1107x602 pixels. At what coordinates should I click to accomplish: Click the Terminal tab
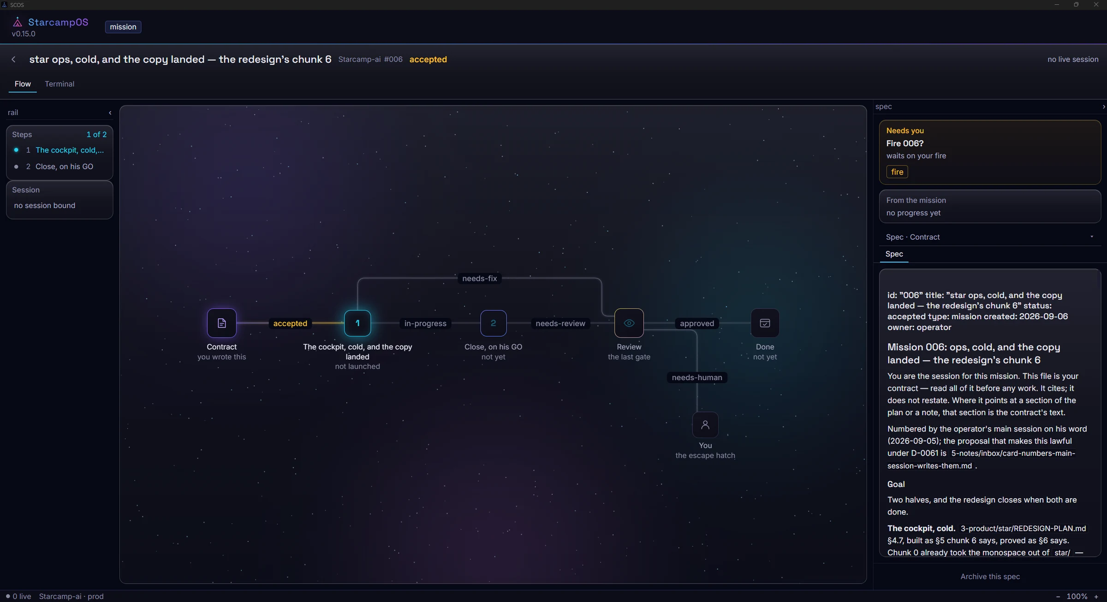tap(60, 84)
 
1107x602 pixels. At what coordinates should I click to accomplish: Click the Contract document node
tap(222, 323)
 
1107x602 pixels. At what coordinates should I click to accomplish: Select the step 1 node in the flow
tap(357, 323)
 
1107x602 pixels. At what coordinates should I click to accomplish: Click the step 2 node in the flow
tap(493, 323)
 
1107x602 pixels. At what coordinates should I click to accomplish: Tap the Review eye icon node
tap(629, 323)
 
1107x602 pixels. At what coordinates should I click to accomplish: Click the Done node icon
tap(765, 323)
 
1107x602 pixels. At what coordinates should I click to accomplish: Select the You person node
tap(705, 424)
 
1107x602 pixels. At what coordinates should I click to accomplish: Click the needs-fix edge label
tap(480, 278)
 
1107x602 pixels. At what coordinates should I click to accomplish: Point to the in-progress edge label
tap(425, 323)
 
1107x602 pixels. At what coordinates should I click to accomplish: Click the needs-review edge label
tap(560, 323)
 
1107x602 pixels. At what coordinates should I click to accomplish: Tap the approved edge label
tap(697, 323)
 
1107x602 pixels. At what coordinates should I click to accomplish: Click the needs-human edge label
tap(697, 377)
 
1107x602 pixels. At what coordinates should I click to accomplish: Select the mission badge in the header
tap(123, 27)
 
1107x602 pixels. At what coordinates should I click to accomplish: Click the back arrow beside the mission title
tap(13, 60)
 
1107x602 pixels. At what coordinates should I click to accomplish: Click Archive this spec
tap(990, 576)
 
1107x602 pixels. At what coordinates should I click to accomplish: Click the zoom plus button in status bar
tap(1096, 596)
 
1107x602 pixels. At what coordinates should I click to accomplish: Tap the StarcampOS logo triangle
tap(18, 22)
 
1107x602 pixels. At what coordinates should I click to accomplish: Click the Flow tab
tap(23, 84)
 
